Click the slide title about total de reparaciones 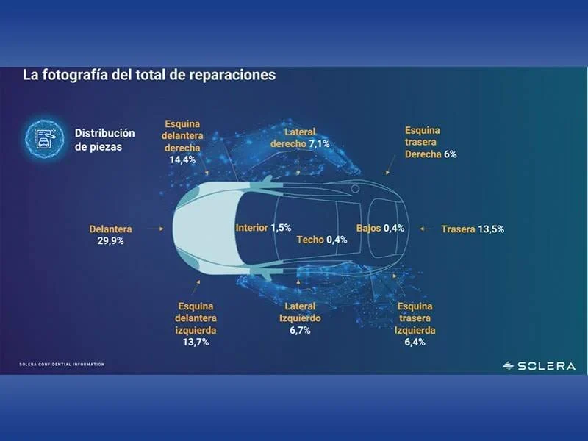coord(149,75)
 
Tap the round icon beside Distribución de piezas coord(45,139)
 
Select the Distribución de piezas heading coord(104,140)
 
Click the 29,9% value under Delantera coord(111,241)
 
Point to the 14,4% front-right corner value coord(182,159)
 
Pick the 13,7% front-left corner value coord(196,342)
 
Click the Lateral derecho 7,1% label coord(300,137)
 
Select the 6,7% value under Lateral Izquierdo coord(300,330)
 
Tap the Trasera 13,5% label coord(473,229)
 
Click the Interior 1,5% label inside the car coord(263,228)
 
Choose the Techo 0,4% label coord(322,240)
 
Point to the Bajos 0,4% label coord(380,228)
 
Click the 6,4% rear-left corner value coord(415,342)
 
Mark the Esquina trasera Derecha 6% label coord(431,142)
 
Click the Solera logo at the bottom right coord(539,366)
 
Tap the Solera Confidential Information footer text coord(62,364)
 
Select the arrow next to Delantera coord(155,229)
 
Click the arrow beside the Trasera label coord(426,229)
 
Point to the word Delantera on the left coord(111,229)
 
